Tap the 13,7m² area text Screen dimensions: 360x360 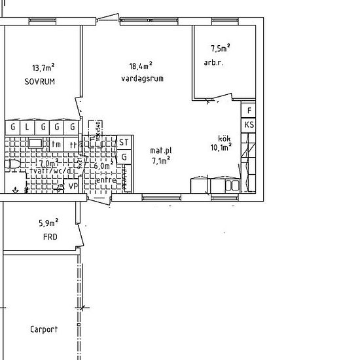pos(43,67)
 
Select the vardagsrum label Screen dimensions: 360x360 pos(142,79)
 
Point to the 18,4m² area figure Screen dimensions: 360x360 pos(141,65)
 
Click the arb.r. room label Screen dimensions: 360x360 pos(214,63)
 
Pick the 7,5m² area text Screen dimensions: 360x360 pos(220,48)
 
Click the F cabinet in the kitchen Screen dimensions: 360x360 pos(249,111)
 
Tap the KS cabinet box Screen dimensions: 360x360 pos(249,124)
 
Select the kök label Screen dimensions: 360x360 pos(225,138)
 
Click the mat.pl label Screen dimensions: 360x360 pos(160,151)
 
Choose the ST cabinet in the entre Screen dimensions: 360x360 pos(124,143)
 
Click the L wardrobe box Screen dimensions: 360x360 pos(27,127)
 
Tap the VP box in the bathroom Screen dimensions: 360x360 pos(73,186)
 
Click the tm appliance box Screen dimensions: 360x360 pos(57,144)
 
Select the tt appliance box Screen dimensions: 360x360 pos(73,144)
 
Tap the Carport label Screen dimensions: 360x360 pos(43,329)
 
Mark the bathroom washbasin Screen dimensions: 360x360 pos(35,142)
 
